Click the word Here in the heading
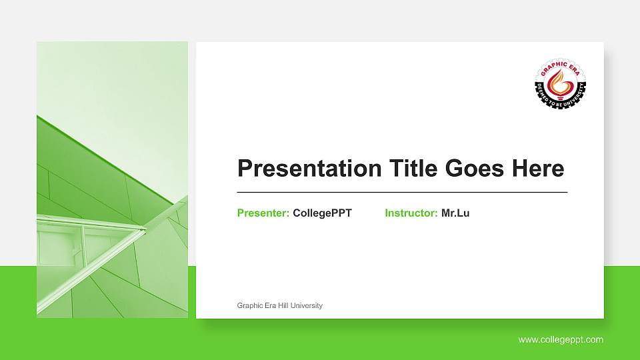pos(538,169)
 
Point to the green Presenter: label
pos(263,213)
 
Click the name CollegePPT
pos(322,213)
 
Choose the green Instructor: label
pos(411,213)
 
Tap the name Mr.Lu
pos(455,213)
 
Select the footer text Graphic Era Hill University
pos(279,305)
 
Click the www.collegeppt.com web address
pos(561,340)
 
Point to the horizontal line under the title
pos(402,192)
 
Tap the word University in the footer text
pos(307,305)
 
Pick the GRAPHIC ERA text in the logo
pos(560,66)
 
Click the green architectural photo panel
pos(112,179)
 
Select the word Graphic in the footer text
pos(249,305)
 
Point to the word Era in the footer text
pos(269,305)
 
